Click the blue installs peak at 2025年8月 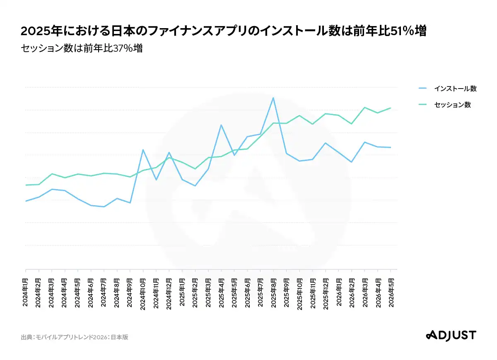[273, 98]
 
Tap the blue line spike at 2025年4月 [221, 125]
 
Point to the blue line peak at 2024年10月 [143, 150]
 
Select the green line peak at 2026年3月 [364, 108]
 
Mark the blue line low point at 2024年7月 [104, 206]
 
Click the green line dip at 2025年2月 [195, 169]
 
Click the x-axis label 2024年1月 [25, 292]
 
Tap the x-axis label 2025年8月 [273, 293]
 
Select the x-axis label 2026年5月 [391, 293]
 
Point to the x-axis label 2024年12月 [169, 294]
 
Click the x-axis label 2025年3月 [208, 293]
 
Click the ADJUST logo [451, 336]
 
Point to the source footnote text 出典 [27, 337]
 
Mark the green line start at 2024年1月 [26, 185]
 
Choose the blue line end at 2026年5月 [391, 147]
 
